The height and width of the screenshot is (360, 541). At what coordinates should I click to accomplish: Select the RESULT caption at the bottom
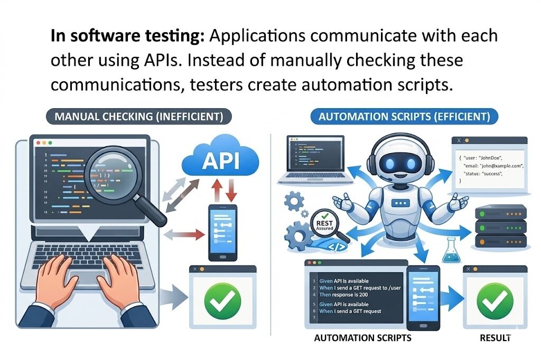(x=492, y=337)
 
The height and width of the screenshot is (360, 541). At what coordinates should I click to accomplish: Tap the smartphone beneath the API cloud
(x=222, y=232)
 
